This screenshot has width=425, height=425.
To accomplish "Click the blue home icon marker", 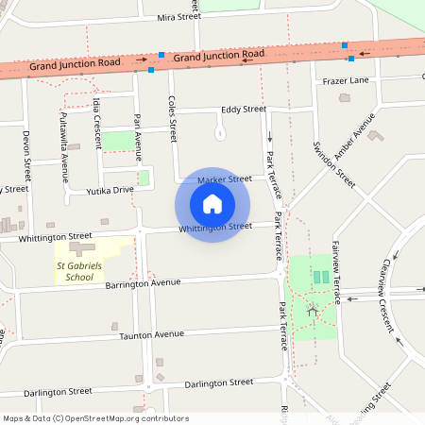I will pyautogui.click(x=212, y=204).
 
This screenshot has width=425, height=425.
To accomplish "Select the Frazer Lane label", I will pyautogui.click(x=346, y=81).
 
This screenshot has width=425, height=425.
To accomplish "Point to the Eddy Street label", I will pyautogui.click(x=244, y=110).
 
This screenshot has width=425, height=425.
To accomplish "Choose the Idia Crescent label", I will pyautogui.click(x=97, y=121).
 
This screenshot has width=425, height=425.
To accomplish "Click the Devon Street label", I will pyautogui.click(x=26, y=156).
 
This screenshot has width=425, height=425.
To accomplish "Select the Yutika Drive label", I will pyautogui.click(x=111, y=190).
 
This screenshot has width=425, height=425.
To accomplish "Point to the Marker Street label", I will pyautogui.click(x=225, y=178).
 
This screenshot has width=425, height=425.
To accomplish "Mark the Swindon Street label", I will pyautogui.click(x=333, y=163).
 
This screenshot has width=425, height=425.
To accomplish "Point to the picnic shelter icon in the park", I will pyautogui.click(x=313, y=310).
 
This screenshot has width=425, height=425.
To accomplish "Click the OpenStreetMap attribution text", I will pyautogui.click(x=95, y=418).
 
